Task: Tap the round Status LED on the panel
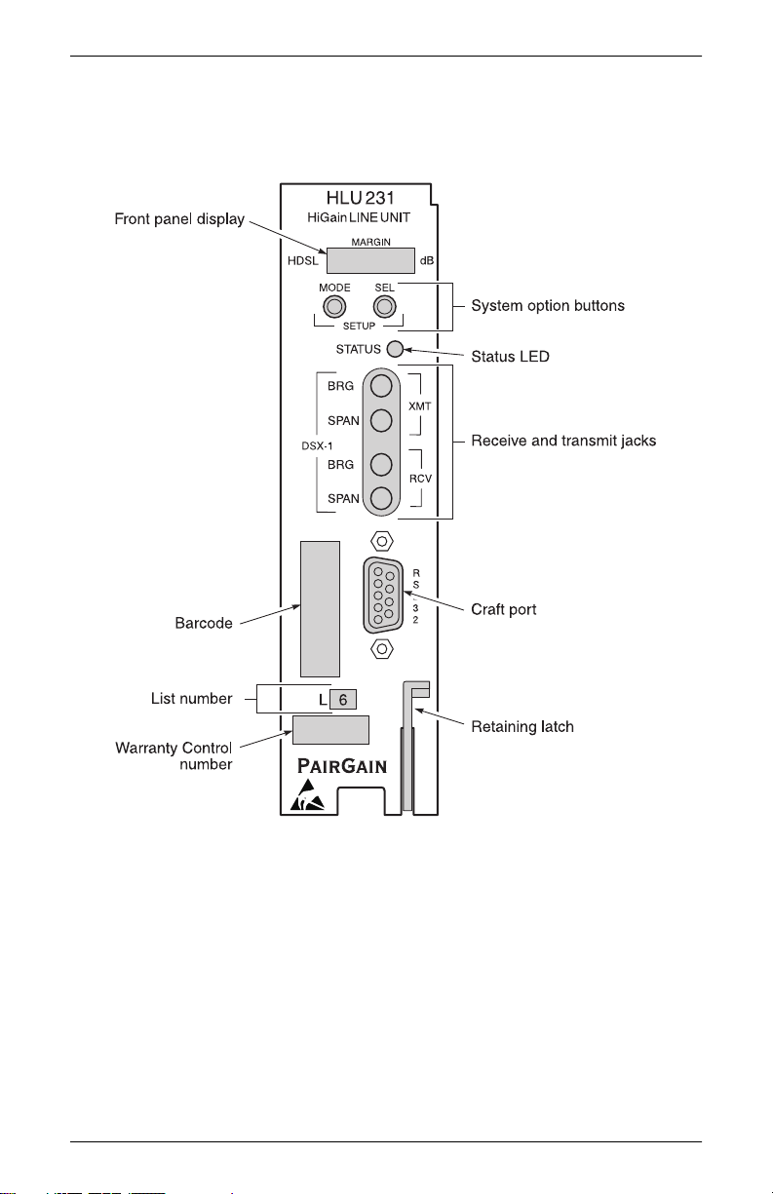tap(395, 350)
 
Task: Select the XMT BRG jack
tap(382, 384)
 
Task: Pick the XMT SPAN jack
tap(382, 420)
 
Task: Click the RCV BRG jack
tap(382, 463)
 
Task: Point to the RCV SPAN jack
tap(382, 499)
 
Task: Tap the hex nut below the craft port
tap(383, 648)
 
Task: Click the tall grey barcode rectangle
tap(320, 608)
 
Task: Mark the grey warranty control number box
tap(330, 730)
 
